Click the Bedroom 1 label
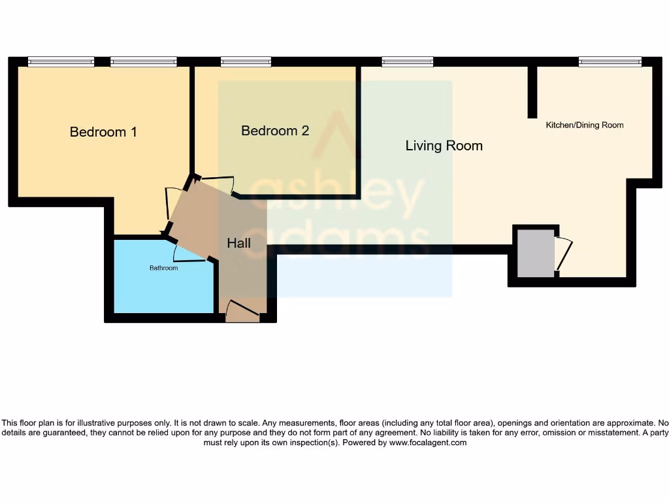(x=103, y=132)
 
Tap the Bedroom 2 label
(x=275, y=131)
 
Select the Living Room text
(x=444, y=146)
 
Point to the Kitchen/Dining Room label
(x=584, y=125)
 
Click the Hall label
(x=238, y=243)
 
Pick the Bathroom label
(x=163, y=268)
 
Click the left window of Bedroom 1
(x=61, y=62)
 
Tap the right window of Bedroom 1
(x=143, y=62)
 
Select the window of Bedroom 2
(x=246, y=62)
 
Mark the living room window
(x=408, y=62)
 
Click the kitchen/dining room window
(x=610, y=62)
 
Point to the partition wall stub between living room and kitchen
(x=532, y=92)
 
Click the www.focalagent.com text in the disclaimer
(x=428, y=443)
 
